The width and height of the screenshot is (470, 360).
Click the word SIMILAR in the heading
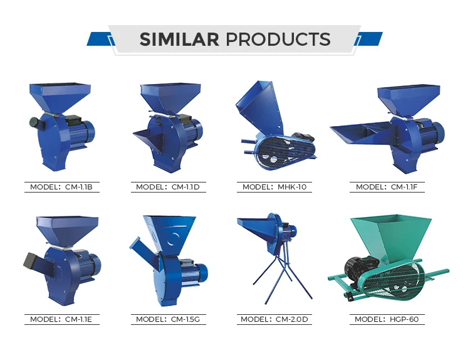pyautogui.click(x=179, y=40)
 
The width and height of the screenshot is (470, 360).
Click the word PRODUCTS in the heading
pyautogui.click(x=278, y=40)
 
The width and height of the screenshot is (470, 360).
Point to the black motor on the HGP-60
pyautogui.click(x=358, y=266)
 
